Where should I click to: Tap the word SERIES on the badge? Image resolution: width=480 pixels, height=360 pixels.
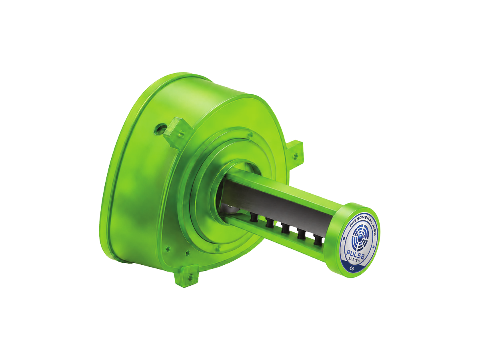[354, 261]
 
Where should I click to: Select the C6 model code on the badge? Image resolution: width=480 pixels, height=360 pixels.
[352, 269]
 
